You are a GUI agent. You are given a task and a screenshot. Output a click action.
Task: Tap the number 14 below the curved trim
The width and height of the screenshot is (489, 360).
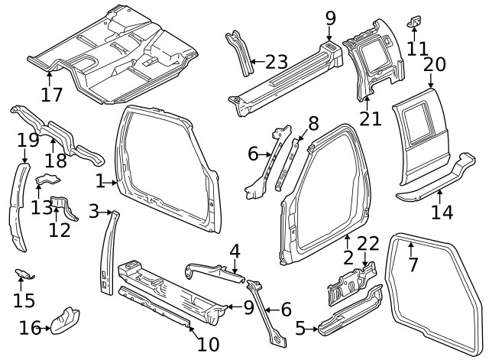pyautogui.click(x=442, y=212)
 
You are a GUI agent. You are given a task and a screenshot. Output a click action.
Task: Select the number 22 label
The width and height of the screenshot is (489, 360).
pyautogui.click(x=368, y=244)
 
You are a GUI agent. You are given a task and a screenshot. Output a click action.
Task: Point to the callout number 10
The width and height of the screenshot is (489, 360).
pyautogui.click(x=208, y=344)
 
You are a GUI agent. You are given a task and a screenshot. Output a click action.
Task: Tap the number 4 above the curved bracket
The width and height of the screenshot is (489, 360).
pyautogui.click(x=235, y=250)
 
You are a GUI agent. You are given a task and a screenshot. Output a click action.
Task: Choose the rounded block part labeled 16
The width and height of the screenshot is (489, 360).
pyautogui.click(x=66, y=319)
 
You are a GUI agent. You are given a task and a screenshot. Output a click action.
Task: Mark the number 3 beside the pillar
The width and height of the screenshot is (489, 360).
pyautogui.click(x=93, y=211)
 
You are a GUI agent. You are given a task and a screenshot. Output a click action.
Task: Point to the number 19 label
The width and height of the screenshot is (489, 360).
pyautogui.click(x=28, y=140)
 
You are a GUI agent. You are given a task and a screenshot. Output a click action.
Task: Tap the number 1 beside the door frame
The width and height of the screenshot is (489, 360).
pyautogui.click(x=99, y=181)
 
